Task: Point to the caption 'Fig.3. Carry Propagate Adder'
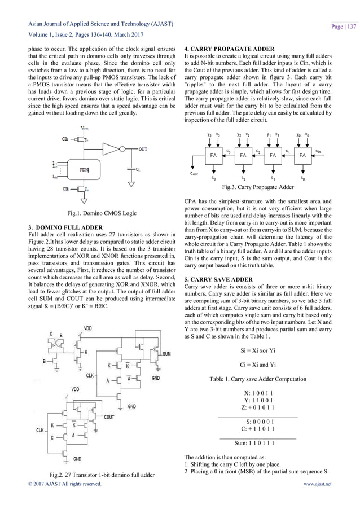[259, 186]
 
